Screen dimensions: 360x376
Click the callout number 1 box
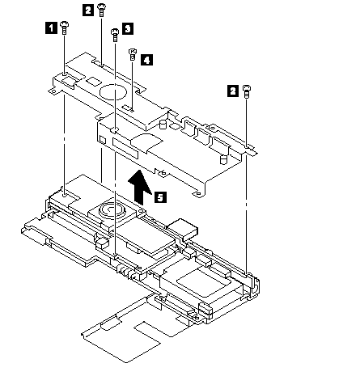(51, 27)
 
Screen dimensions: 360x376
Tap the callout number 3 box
(128, 28)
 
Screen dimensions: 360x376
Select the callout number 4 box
(146, 60)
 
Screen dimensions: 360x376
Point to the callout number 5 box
(160, 197)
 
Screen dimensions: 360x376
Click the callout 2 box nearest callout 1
(88, 10)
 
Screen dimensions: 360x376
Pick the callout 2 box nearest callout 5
(233, 91)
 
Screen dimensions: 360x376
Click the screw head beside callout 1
(64, 25)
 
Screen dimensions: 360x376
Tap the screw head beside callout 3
(115, 32)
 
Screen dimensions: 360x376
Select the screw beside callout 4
(133, 55)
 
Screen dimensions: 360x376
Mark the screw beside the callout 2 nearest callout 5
(247, 91)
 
